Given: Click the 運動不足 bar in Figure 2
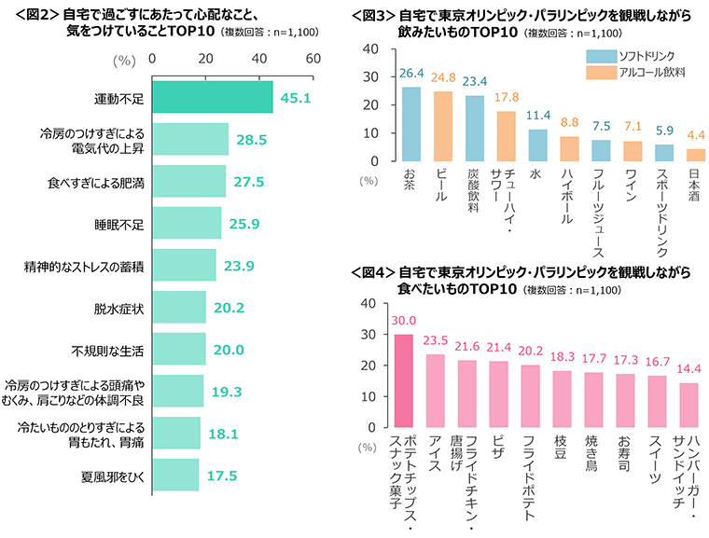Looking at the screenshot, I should click(x=212, y=96).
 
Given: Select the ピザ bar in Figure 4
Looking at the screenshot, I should click(x=499, y=393).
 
